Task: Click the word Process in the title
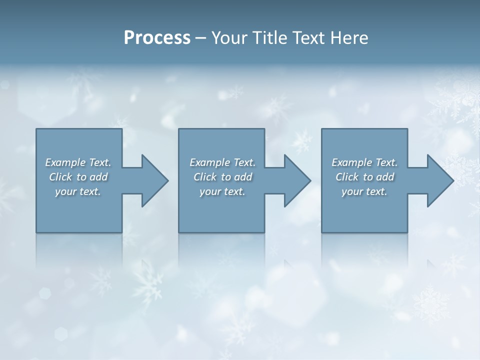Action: pyautogui.click(x=157, y=38)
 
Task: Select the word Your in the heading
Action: pyautogui.click(x=227, y=38)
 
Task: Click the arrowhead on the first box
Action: pyautogui.click(x=152, y=180)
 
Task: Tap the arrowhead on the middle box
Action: pyautogui.click(x=295, y=180)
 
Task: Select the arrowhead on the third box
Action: pyautogui.click(x=438, y=180)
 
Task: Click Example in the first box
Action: pyautogui.click(x=65, y=162)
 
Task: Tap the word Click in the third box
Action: pyautogui.click(x=347, y=177)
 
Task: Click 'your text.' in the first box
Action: pyautogui.click(x=78, y=192)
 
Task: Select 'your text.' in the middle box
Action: pyautogui.click(x=222, y=192)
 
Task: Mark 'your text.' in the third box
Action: pyautogui.click(x=364, y=192)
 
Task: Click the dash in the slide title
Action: pyautogui.click(x=201, y=38)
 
